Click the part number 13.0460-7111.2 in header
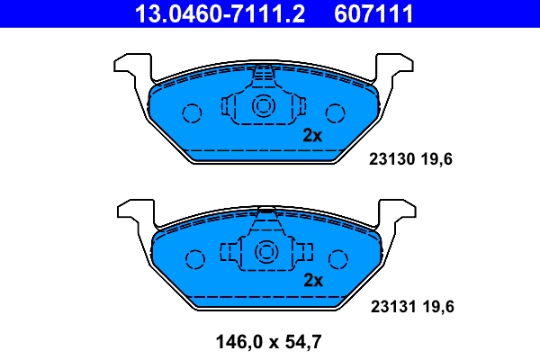tap(219, 13)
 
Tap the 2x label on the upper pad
tap(312, 136)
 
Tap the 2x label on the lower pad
tap(312, 281)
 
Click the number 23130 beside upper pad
tap(390, 160)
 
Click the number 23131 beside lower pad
tap(390, 306)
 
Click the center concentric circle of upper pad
tap(264, 106)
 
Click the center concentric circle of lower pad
tap(266, 252)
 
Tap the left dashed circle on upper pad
tap(192, 112)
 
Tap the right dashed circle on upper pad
tap(336, 112)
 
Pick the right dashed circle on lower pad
tap(338, 259)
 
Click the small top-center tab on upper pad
tap(264, 72)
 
